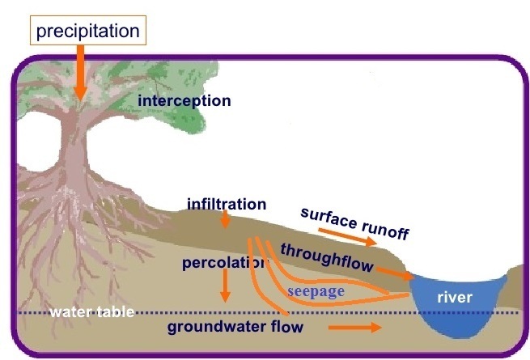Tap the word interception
[x=184, y=101]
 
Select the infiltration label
[x=227, y=204]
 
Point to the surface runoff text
[x=354, y=222]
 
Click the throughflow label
[x=326, y=256]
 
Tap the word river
[x=454, y=297]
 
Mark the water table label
[x=90, y=312]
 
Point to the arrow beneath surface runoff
[x=347, y=236]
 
